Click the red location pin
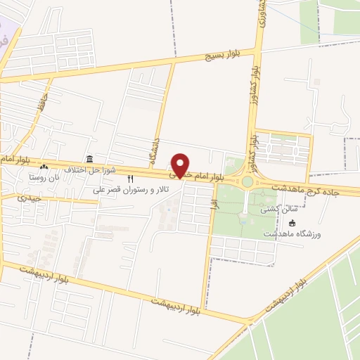tap(181, 166)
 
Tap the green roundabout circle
tap(247, 181)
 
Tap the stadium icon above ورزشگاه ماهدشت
tap(292, 223)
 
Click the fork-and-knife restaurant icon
tap(130, 179)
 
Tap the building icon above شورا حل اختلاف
tap(89, 160)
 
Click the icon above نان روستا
tap(44, 167)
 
